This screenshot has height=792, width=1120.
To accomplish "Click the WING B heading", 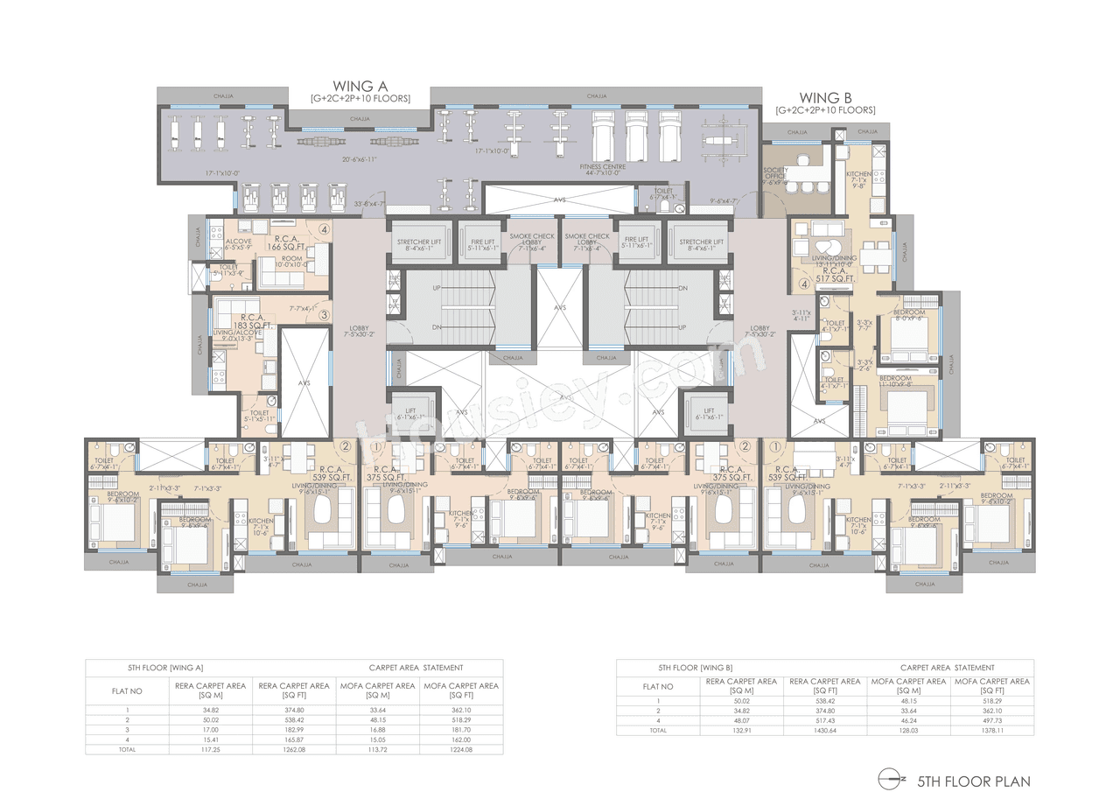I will [824, 98].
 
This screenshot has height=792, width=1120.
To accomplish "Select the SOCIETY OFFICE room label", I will [775, 173].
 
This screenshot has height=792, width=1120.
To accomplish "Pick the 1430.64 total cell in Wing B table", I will [826, 730].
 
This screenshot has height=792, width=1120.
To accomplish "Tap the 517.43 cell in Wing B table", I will [826, 720].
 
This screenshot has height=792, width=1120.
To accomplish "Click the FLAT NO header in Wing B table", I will [657, 686].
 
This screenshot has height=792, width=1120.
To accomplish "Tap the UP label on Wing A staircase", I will [437, 287].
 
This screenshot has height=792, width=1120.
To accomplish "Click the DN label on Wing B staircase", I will [682, 287].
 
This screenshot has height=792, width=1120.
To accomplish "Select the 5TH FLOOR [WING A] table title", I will [166, 668].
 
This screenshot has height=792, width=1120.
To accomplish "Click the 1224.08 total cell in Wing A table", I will [462, 749].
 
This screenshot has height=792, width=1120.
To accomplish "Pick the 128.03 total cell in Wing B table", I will [908, 730].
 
